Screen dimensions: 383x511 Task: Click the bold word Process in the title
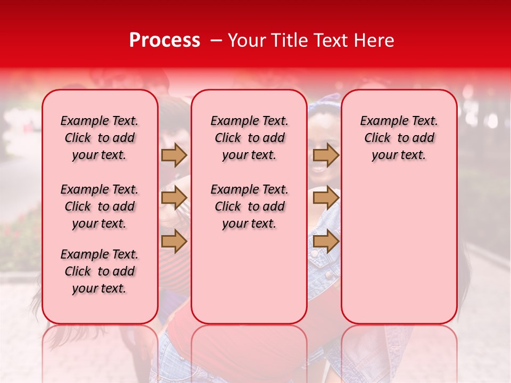(x=164, y=40)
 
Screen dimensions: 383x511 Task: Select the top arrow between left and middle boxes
(x=174, y=155)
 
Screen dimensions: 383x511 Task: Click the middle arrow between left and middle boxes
(x=174, y=198)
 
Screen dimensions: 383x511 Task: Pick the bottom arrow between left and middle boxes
(x=174, y=242)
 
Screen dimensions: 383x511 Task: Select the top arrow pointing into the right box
(x=326, y=155)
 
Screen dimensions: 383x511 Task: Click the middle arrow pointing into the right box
(x=326, y=198)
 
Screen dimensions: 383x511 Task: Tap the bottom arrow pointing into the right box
(x=326, y=242)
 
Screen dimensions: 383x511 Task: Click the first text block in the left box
(x=100, y=138)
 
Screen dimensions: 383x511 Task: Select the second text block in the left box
(x=100, y=206)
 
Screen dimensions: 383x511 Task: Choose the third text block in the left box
(x=100, y=271)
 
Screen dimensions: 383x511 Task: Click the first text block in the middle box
(x=249, y=138)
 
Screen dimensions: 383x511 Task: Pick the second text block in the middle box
(x=249, y=206)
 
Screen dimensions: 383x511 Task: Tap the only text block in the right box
(x=399, y=138)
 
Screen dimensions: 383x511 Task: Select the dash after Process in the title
(x=216, y=40)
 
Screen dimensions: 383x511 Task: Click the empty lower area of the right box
(x=399, y=250)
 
